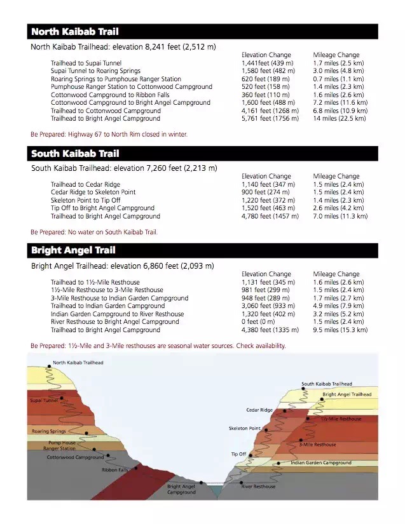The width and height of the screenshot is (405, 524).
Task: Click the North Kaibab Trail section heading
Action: pos(74,32)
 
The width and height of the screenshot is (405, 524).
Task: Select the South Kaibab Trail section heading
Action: pos(75,154)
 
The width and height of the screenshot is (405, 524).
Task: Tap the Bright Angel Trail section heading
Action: pos(73,251)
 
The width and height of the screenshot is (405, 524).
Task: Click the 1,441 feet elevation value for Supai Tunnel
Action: pos(267,64)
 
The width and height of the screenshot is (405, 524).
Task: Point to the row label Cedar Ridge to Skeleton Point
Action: pos(93,192)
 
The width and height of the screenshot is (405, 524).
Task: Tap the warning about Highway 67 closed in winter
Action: pos(109,135)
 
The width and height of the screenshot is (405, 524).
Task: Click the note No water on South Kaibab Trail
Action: pos(93,232)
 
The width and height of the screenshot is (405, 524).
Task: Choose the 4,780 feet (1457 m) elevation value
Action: pos(270,217)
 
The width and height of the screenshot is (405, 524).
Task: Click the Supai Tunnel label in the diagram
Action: pos(44,401)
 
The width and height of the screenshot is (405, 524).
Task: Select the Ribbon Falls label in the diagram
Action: pos(114,470)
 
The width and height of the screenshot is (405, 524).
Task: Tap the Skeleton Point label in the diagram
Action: pos(244,429)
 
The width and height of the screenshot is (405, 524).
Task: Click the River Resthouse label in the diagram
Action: pos(258,487)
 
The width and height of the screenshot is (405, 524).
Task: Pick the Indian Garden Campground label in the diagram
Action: pos(320,463)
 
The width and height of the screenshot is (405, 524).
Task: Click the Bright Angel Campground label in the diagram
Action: pos(181,489)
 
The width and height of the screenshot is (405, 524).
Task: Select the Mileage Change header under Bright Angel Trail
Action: pos(336,274)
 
